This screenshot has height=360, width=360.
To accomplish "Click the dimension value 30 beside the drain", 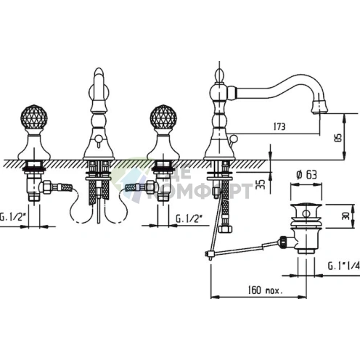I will pos(345,216).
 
